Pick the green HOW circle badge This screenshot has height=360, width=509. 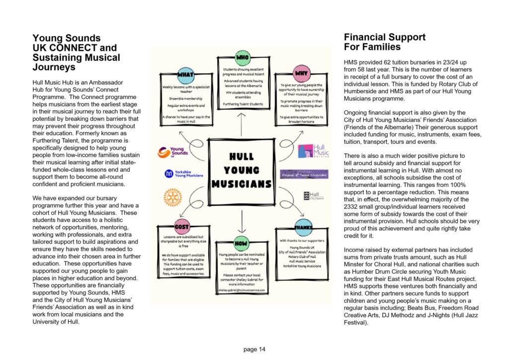(x=241, y=244)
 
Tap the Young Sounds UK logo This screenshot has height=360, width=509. (x=171, y=152)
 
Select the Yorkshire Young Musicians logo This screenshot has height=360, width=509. (x=183, y=174)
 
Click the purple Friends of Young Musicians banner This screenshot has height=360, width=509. (x=304, y=175)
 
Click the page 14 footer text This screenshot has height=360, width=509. (x=254, y=349)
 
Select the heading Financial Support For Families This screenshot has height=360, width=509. (x=384, y=42)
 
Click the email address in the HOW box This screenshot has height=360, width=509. (x=242, y=289)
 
